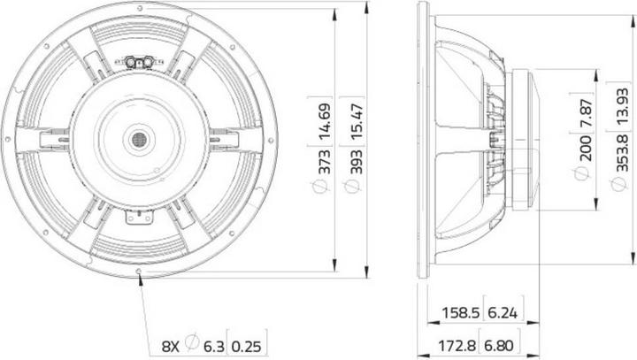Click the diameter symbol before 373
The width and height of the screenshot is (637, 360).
(x=324, y=187)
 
